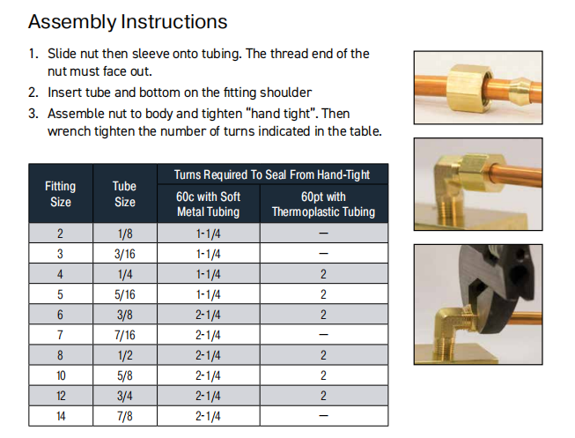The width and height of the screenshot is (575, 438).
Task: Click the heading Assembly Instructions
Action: click(128, 22)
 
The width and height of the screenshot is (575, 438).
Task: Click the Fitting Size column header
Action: click(61, 194)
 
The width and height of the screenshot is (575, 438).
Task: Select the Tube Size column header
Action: click(125, 194)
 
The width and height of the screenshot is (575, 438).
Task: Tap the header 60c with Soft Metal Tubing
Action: click(209, 204)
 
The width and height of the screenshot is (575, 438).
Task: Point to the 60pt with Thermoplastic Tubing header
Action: click(323, 204)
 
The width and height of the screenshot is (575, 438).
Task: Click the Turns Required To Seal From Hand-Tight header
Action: click(272, 174)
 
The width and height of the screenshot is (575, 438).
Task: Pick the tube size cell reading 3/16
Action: click(125, 254)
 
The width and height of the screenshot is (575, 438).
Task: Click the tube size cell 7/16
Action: click(125, 335)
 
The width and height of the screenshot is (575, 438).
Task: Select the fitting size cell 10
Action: click(61, 375)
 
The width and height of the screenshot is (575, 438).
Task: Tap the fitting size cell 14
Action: click(61, 416)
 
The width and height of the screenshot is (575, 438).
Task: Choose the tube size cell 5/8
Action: click(125, 375)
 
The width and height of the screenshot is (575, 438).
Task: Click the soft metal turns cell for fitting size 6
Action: click(208, 315)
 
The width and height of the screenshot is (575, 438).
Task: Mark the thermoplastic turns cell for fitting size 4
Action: click(323, 274)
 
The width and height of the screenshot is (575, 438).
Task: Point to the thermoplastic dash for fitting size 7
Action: click(323, 335)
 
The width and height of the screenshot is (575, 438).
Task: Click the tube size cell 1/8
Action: click(125, 234)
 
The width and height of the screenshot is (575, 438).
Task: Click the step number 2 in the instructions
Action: click(33, 93)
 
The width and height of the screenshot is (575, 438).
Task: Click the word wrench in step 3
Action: click(70, 131)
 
